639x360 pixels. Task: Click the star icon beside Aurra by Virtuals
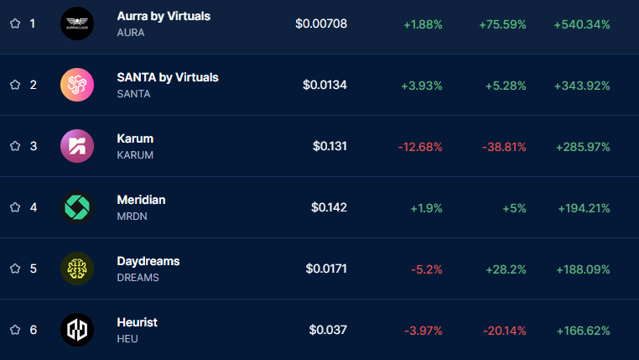coord(14,23)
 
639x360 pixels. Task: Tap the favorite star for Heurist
coord(14,330)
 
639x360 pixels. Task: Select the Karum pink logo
coord(77,146)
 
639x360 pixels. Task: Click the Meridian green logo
coord(77,207)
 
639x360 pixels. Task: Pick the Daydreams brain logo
coord(77,269)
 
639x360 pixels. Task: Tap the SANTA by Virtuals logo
coord(77,85)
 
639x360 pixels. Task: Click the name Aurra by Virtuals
coord(164,16)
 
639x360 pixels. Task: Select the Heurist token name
coord(137,322)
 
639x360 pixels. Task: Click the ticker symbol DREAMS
coord(138,277)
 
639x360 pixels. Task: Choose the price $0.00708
coord(321,23)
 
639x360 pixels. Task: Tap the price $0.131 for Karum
coord(330,146)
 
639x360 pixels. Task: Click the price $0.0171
coord(326,269)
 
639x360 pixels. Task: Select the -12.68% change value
coord(420,146)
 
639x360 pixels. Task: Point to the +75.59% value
coord(502,23)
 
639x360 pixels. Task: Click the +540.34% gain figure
coord(582,23)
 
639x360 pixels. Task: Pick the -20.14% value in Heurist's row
coord(504,330)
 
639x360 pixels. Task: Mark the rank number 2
coord(34,85)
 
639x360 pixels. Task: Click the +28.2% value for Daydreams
coord(506,269)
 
